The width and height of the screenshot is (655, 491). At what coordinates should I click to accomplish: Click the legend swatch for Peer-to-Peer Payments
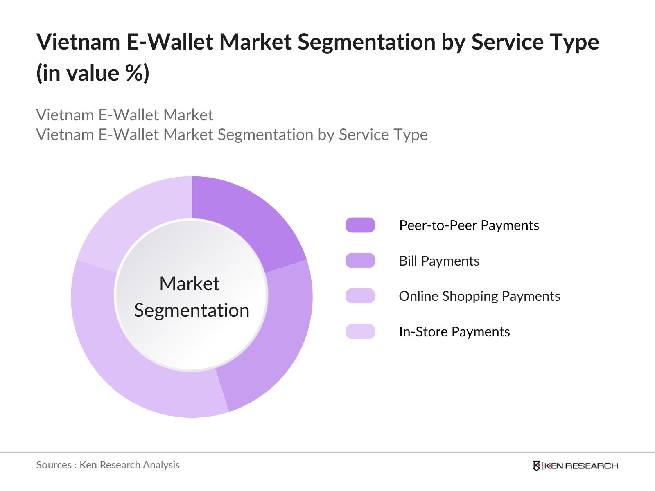[x=360, y=225]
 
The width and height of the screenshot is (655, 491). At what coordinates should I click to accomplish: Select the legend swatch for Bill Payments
[x=360, y=261]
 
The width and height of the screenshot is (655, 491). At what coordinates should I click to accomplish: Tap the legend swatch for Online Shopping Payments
[x=360, y=296]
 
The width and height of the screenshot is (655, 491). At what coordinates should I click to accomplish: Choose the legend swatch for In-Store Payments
[x=360, y=331]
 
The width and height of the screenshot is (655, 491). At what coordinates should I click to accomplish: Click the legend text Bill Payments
[x=439, y=261]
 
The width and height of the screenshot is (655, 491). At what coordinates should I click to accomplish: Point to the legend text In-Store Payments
[x=454, y=332]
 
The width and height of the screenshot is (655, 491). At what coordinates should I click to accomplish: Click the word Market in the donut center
[x=189, y=284]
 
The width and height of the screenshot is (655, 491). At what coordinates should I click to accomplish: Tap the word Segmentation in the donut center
[x=192, y=310]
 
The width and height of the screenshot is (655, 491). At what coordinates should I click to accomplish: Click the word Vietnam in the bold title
[x=78, y=42]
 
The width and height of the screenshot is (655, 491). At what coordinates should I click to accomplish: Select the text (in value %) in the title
[x=93, y=74]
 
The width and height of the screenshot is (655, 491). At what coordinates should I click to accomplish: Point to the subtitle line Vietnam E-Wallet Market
[x=124, y=115]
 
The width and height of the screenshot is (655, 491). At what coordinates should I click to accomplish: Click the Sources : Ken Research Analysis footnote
[x=108, y=465]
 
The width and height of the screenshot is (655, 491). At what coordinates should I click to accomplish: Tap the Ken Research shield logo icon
[x=536, y=466]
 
